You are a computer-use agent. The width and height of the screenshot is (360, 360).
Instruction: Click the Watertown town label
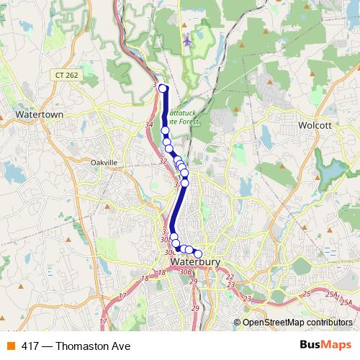[40, 114]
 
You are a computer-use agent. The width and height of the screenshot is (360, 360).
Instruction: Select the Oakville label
[104, 163]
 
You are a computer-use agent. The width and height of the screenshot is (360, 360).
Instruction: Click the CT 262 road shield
[65, 75]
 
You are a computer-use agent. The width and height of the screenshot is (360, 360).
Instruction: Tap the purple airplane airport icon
[188, 40]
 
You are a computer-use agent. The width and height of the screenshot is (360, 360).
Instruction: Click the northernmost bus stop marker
[163, 89]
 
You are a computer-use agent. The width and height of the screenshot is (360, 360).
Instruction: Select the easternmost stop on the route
[198, 253]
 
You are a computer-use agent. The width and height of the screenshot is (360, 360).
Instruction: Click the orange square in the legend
[10, 346]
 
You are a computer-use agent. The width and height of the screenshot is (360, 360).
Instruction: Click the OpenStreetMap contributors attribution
[298, 322]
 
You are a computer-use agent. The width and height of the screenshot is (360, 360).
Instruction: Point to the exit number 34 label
[149, 125]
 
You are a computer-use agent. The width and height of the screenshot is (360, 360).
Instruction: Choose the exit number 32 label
[163, 161]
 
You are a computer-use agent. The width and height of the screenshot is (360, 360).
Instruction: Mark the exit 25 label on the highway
[306, 294]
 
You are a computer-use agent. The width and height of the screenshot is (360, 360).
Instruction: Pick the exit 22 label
[230, 276]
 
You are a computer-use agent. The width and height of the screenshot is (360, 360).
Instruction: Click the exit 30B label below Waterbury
[186, 272]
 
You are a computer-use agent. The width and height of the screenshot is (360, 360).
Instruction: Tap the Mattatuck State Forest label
[192, 117]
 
